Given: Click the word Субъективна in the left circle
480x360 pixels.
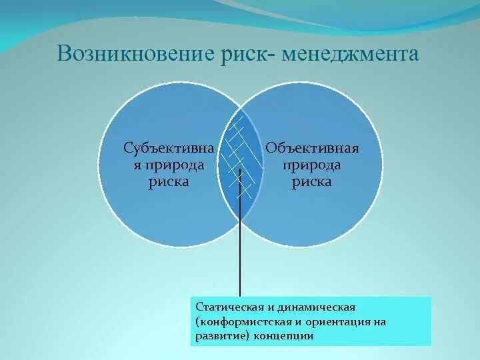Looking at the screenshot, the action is tap(169, 149).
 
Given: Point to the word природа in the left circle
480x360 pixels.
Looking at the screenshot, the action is tap(173, 166).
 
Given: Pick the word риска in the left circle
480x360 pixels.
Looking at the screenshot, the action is tap(169, 182).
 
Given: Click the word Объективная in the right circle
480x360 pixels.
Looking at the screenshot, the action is tap(312, 149).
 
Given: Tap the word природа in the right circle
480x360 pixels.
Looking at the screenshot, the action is tap(311, 166).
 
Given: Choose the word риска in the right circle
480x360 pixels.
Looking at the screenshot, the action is tap(311, 182).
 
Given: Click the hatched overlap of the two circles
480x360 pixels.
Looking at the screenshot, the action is tap(241, 164).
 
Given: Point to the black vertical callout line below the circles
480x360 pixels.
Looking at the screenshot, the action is tap(240, 233).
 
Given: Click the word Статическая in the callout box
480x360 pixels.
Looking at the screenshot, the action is tap(229, 307).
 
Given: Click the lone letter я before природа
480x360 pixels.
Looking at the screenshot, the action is tap(137, 165).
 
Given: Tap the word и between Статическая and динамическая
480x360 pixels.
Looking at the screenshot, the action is tap(271, 307).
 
